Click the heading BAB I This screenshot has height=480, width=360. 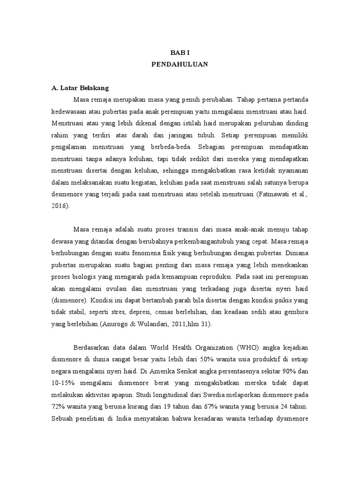(180, 54)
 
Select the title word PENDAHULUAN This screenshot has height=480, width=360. (180, 65)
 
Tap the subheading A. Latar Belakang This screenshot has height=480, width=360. (80, 88)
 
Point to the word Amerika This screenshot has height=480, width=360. (155, 371)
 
